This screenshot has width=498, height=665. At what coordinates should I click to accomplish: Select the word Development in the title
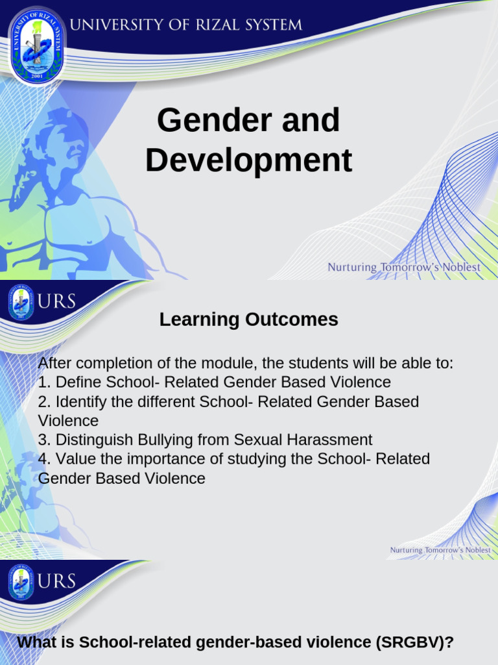(248, 160)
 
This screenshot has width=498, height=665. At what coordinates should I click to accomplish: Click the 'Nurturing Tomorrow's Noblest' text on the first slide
(403, 267)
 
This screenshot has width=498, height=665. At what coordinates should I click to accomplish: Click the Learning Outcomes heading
(248, 320)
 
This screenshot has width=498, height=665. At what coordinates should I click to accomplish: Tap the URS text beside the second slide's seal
(57, 301)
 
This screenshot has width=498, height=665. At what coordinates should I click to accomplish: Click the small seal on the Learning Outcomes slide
(21, 303)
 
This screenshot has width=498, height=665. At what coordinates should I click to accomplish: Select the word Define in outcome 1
(78, 382)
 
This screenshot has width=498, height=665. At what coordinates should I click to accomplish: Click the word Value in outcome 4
(75, 459)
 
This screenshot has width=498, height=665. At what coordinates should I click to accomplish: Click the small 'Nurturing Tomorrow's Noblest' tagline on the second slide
(440, 550)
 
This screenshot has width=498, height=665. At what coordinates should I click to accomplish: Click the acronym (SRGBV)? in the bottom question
(414, 643)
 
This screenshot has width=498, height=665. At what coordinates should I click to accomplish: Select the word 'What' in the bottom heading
(37, 643)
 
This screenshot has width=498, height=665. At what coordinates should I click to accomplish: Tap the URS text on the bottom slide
(57, 581)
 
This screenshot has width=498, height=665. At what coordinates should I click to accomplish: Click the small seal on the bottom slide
(21, 583)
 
